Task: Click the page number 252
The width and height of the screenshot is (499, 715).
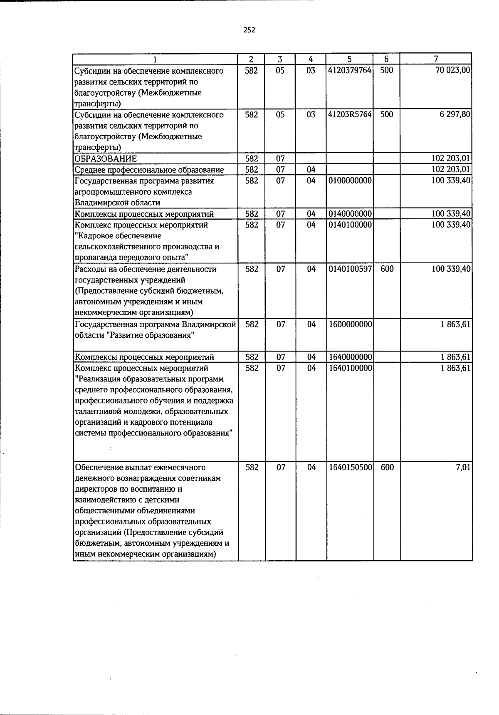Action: [x=249, y=30]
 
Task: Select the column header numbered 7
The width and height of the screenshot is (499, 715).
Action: [x=435, y=59]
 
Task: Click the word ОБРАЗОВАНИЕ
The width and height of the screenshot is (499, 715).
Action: [x=106, y=159]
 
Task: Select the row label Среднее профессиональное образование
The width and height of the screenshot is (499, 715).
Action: [x=149, y=170]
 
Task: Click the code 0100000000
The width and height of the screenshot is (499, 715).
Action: [x=350, y=181]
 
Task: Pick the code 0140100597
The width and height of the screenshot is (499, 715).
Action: [x=350, y=269]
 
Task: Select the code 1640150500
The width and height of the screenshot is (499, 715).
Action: [x=350, y=468]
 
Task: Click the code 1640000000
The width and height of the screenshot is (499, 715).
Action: [x=350, y=357]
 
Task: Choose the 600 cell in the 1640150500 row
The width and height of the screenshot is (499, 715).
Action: [x=387, y=468]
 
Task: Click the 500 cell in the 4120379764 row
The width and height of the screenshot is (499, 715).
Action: [x=387, y=71]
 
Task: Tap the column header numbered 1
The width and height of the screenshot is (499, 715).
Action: [x=155, y=59]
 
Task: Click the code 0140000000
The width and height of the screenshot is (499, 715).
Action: [x=350, y=214]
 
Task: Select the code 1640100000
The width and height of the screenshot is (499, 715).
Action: [x=350, y=368]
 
